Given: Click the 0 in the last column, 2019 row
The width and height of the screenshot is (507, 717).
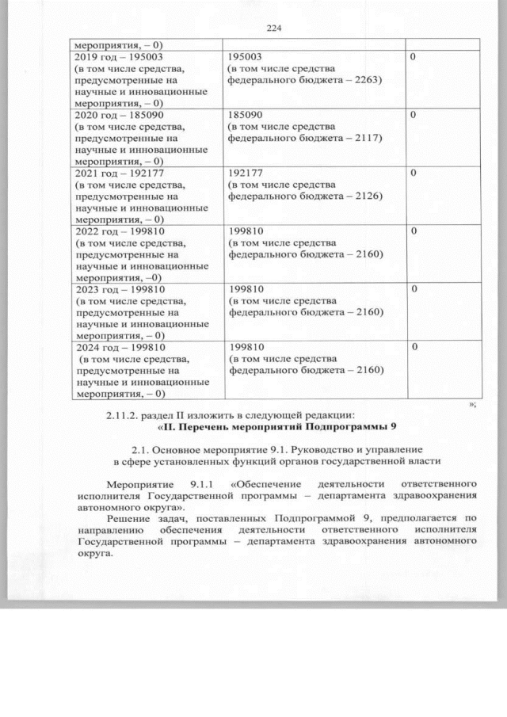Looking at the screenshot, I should (x=414, y=58).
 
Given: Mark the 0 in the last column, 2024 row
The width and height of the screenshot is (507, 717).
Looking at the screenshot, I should (x=414, y=347).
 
